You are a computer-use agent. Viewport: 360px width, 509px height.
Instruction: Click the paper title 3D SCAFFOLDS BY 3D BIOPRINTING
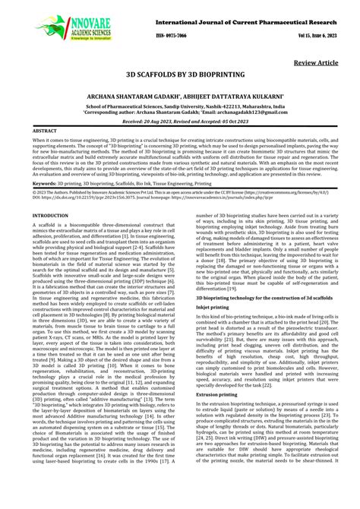[x=179, y=77]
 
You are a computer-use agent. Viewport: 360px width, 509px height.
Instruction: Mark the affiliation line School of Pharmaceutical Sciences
[x=179, y=107]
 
